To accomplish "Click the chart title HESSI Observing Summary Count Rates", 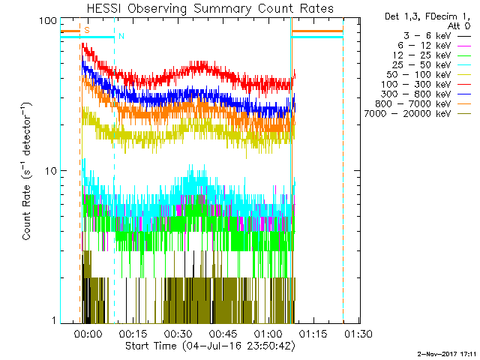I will pos(209,9).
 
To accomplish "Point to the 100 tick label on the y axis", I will pos(49,20).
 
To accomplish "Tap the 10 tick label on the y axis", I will pos(52,170).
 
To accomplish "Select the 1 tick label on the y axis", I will pos(55,320).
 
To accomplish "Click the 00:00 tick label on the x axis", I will pos(88,334).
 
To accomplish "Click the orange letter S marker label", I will pos(87,30).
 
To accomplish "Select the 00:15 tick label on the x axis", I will pos(133,334).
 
